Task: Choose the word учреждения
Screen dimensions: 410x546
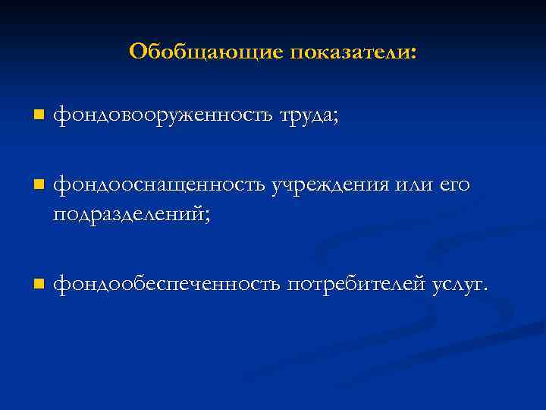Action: pyautogui.click(x=331, y=184)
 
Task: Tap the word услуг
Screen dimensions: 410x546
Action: pyautogui.click(x=457, y=285)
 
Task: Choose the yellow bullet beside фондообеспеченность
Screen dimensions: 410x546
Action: pyautogui.click(x=39, y=284)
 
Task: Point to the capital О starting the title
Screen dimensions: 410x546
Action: pyautogui.click(x=137, y=51)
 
